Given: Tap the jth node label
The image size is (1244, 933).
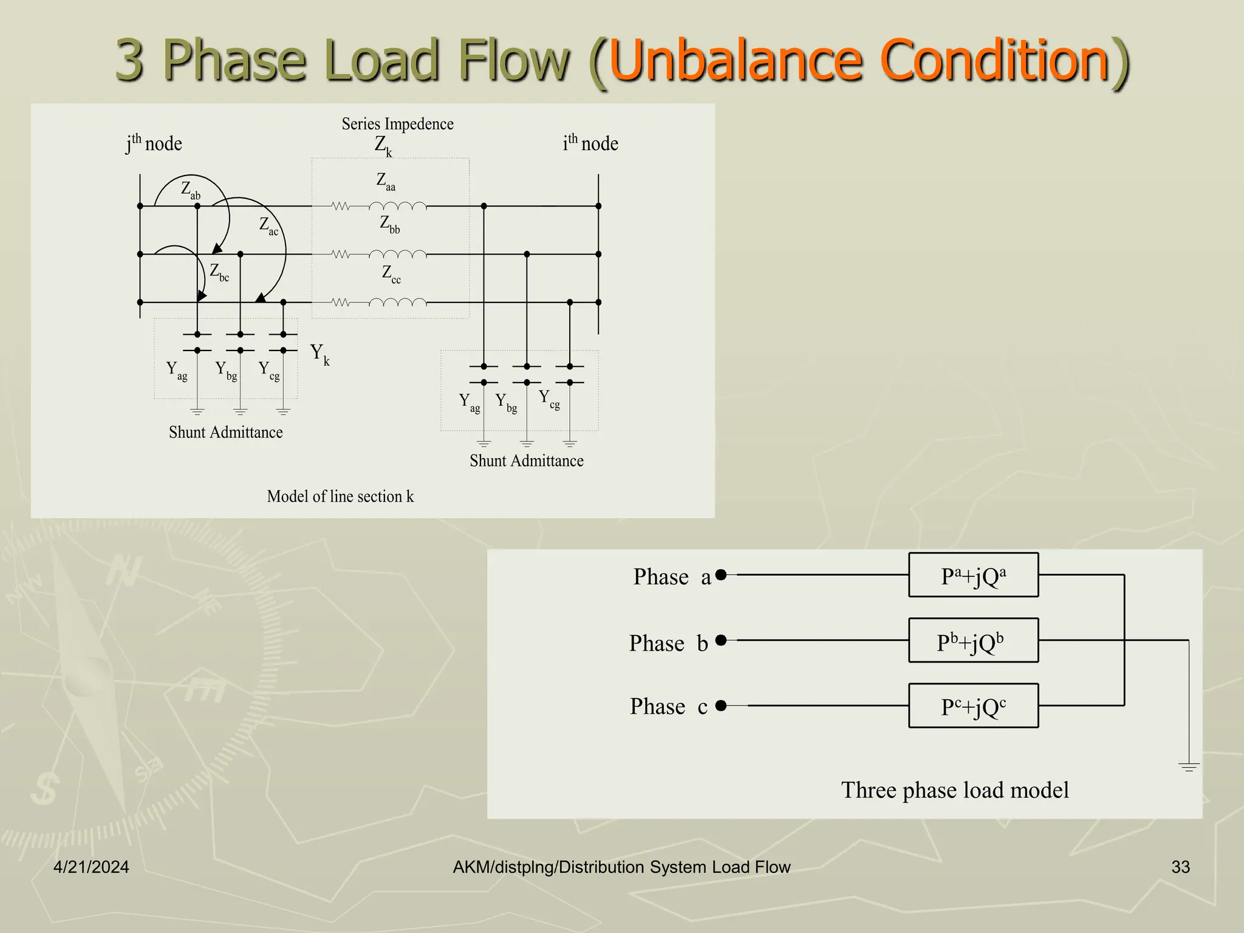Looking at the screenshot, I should point(154,143).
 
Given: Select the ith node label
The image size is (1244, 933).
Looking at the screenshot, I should point(590,143).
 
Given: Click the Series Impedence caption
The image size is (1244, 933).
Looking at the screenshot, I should point(397,124).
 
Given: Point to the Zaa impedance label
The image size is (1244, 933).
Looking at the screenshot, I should point(386,181).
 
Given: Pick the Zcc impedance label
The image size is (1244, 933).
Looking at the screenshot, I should point(391,274).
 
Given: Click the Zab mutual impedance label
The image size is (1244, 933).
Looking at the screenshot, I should point(190,190).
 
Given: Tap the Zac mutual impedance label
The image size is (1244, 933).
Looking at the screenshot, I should point(268,226).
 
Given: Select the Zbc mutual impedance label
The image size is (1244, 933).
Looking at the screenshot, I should point(219,272).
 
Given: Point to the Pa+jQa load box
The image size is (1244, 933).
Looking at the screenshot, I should point(973,575).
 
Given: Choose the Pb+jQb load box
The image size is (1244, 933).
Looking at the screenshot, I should point(973,640).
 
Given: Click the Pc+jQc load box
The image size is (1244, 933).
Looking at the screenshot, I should point(973,706).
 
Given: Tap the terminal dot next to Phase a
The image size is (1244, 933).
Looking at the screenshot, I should point(721,575).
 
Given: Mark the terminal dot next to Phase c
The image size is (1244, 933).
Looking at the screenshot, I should point(721,705).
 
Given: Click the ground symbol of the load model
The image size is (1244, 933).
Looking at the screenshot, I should point(1189,767).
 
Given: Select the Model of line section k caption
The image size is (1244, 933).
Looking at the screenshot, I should point(340,496).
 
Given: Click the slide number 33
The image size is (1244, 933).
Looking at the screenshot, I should point(1180,867).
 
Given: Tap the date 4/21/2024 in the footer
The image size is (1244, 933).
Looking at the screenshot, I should point(91,867).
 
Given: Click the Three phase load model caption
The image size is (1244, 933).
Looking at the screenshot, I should point(954,790).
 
